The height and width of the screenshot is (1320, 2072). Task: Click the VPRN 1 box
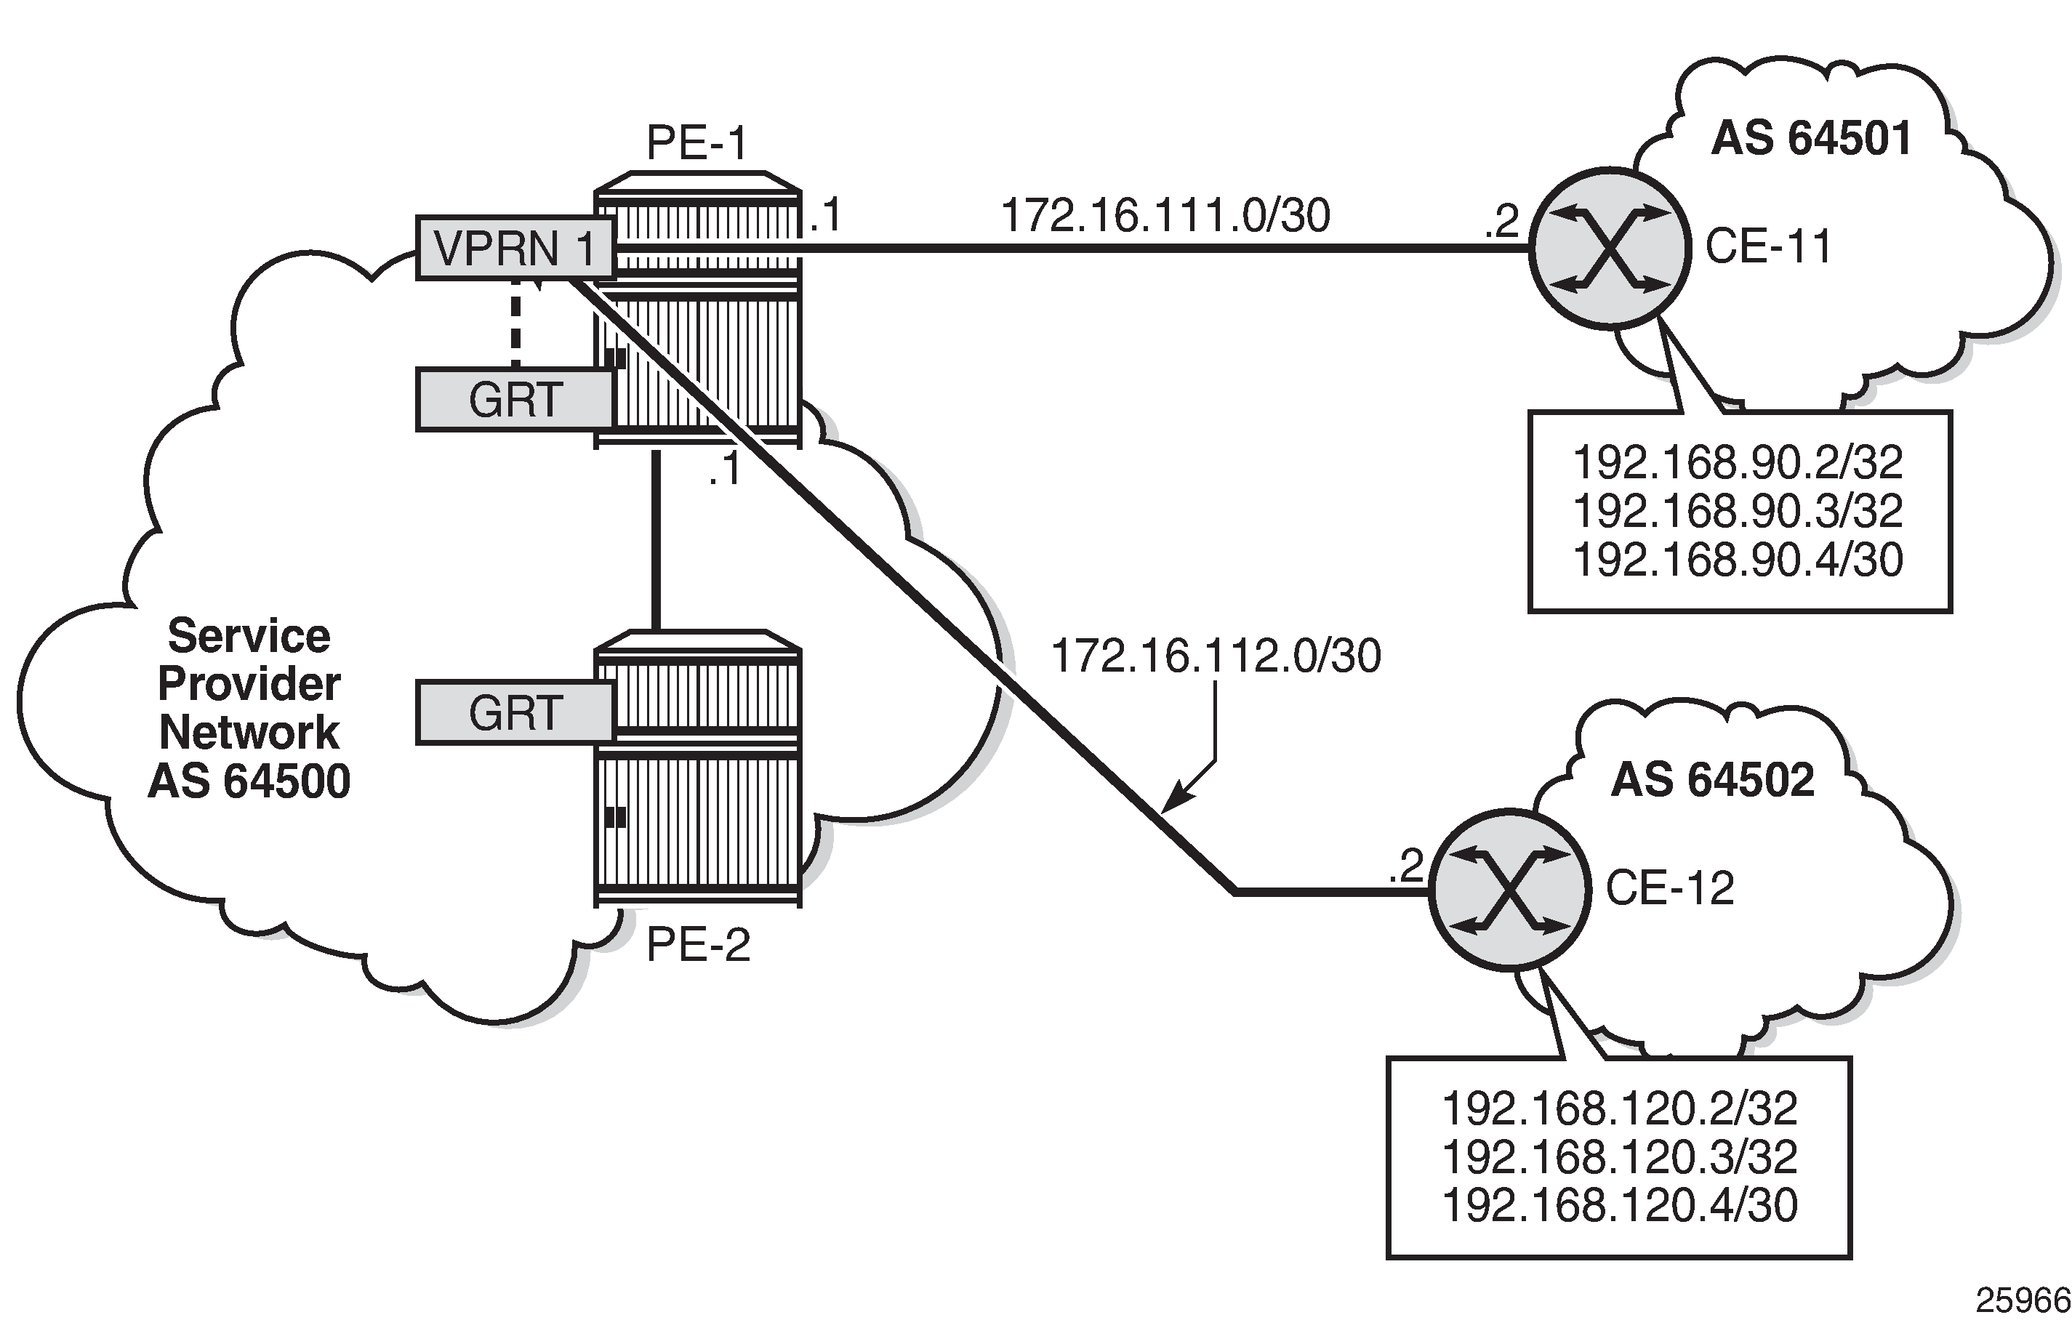515,249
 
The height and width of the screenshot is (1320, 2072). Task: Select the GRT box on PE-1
515,399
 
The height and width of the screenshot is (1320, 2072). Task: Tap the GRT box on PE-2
515,712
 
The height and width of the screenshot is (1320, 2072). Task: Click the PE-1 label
697,143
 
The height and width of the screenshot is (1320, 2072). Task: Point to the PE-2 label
698,945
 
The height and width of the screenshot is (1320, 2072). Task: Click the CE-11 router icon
1609,248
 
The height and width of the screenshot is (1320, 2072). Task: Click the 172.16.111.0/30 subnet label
1165,215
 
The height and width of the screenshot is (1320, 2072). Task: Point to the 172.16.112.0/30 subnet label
1216,656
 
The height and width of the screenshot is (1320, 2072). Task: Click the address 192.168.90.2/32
1738,463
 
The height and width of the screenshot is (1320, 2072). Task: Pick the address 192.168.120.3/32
1618,1157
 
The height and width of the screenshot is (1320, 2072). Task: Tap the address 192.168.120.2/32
1618,1108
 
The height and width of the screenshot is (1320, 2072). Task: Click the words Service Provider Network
249,684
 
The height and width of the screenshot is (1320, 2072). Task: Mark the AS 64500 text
249,781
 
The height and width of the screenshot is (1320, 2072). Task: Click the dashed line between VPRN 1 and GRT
515,323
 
